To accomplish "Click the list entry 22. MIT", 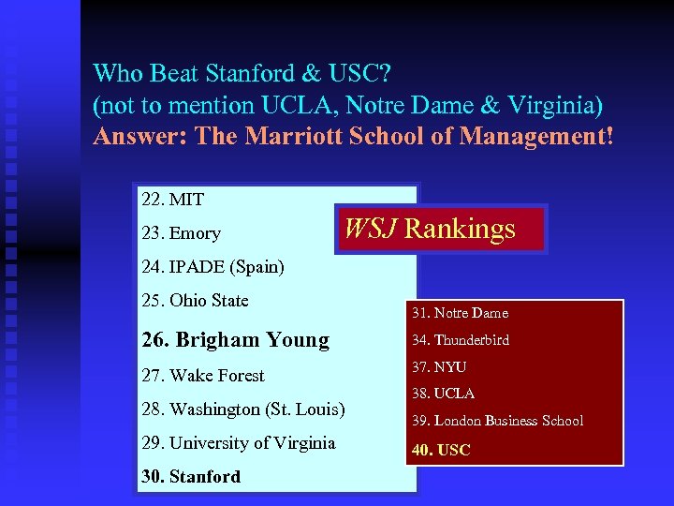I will click(x=172, y=200).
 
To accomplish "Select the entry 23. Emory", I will click(x=181, y=233).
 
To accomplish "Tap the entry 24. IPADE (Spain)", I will click(x=212, y=267).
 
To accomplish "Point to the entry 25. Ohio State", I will click(x=195, y=301).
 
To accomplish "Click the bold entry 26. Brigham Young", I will click(x=235, y=339).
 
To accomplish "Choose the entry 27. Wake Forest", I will click(x=202, y=376).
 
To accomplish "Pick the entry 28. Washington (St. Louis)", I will click(x=242, y=409).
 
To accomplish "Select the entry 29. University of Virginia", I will click(x=238, y=443).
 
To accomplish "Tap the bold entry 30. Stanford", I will click(x=190, y=477).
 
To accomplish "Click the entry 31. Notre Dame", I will click(x=459, y=313).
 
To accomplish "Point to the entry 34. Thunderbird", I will click(x=460, y=340).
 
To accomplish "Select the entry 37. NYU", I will click(x=438, y=367).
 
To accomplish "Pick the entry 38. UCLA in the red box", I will click(x=442, y=394).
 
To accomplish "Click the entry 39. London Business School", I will click(x=497, y=421).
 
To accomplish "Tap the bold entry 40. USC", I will click(x=440, y=450).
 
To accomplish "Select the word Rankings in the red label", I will click(x=460, y=230).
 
